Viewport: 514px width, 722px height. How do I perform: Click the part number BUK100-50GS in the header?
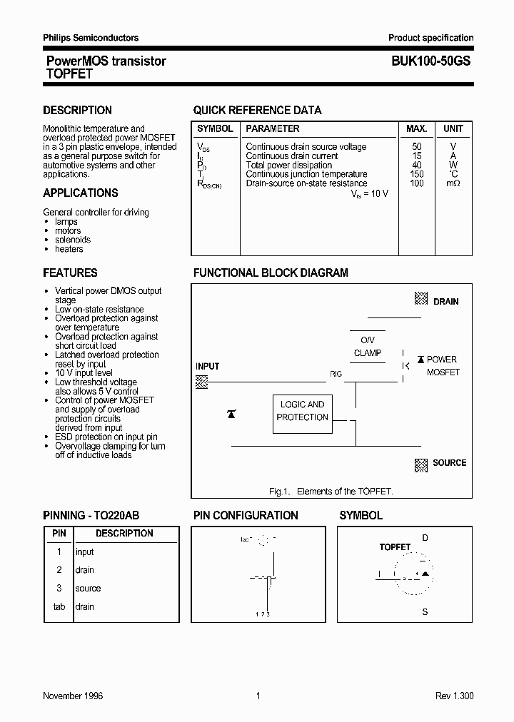tap(430, 62)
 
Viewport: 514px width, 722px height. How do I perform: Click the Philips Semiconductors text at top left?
tap(91, 38)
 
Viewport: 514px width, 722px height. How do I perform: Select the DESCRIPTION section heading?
tap(77, 111)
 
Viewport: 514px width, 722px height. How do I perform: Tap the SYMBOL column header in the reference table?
tap(215, 129)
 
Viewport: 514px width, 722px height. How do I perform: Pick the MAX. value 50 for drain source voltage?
tap(417, 147)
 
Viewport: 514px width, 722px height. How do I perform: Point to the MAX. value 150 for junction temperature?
tap(417, 174)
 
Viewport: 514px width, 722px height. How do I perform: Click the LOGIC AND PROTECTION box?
tap(302, 412)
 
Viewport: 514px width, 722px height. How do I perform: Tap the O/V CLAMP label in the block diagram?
tap(368, 347)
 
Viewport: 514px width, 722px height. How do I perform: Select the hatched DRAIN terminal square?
tap(421, 300)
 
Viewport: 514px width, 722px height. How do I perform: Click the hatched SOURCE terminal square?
tap(421, 464)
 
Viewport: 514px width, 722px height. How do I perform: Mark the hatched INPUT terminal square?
tap(202, 382)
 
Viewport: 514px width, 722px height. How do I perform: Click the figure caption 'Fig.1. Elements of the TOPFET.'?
tap(331, 492)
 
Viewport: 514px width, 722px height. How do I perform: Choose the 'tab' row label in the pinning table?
tap(59, 607)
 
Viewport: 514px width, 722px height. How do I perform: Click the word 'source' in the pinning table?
tap(88, 589)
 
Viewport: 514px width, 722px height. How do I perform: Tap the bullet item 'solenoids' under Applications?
tap(73, 240)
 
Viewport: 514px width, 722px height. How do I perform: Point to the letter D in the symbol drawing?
tap(425, 538)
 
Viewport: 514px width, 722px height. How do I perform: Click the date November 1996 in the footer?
tap(73, 696)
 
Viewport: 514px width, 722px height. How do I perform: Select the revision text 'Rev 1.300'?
tap(454, 696)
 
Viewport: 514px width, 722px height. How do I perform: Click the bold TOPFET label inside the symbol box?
tap(395, 547)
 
